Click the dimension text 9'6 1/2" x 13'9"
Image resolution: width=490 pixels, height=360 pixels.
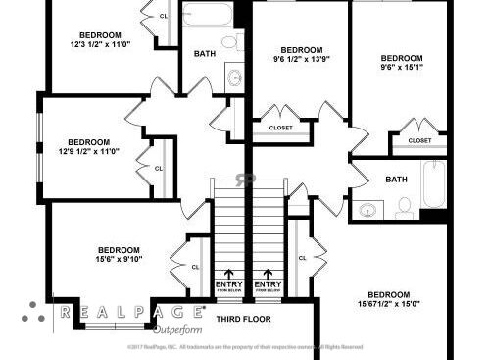pos(301,60)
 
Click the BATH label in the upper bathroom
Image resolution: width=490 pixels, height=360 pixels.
pos(205,54)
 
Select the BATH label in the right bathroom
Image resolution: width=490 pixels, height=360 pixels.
pos(396,180)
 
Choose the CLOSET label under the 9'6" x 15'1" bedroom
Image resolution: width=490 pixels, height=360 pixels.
pos(419,140)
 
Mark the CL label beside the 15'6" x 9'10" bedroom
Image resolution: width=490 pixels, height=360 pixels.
pos(194,265)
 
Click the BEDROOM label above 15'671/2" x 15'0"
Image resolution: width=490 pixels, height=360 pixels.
pos(389,294)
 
